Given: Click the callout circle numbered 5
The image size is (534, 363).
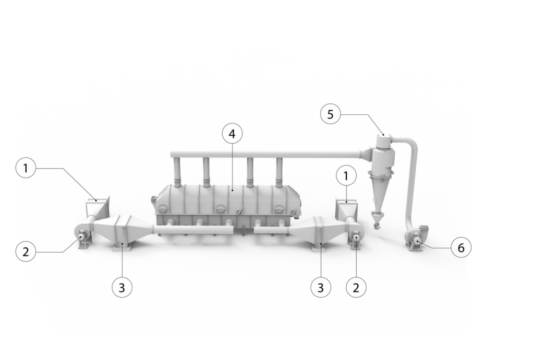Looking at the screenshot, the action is pyautogui.click(x=330, y=114).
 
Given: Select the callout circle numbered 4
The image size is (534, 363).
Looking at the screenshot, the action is pyautogui.click(x=232, y=133).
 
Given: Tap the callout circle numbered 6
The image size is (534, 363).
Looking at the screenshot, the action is pyautogui.click(x=461, y=248).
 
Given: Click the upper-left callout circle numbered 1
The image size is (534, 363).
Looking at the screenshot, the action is pyautogui.click(x=26, y=168).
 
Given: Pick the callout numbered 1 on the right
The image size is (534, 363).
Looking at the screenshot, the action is pyautogui.click(x=346, y=175).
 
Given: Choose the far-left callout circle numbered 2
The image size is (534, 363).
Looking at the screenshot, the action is pyautogui.click(x=26, y=251).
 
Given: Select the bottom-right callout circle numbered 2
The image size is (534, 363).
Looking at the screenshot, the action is pyautogui.click(x=356, y=287).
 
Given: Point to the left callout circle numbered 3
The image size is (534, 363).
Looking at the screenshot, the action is pyautogui.click(x=122, y=287).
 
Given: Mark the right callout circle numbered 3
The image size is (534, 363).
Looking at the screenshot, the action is pyautogui.click(x=321, y=287).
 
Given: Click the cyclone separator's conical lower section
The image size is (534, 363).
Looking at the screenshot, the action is pyautogui.click(x=377, y=194).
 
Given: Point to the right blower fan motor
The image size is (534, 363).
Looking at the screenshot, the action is pyautogui.click(x=355, y=237).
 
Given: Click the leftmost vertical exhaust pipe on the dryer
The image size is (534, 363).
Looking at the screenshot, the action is pyautogui.click(x=177, y=172).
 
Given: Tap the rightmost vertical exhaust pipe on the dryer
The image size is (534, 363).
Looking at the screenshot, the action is pyautogui.click(x=280, y=172).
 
